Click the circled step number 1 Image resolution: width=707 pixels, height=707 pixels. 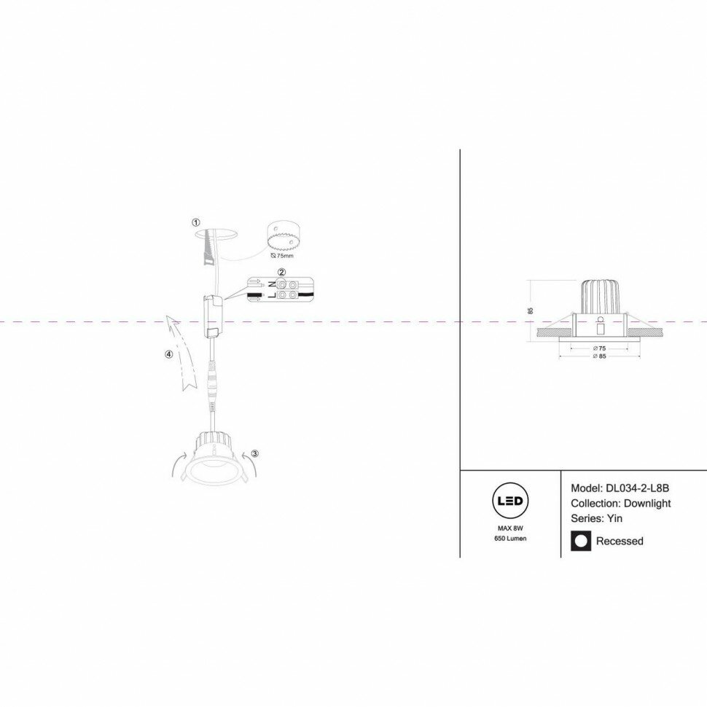(x=195, y=222)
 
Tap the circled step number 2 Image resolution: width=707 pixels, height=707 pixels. (x=282, y=273)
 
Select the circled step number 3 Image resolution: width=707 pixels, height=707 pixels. (x=254, y=453)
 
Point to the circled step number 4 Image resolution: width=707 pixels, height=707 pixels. (x=169, y=354)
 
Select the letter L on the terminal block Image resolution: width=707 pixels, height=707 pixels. (x=272, y=294)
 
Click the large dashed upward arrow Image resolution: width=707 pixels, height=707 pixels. (x=182, y=353)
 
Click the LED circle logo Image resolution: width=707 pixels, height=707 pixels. (x=510, y=501)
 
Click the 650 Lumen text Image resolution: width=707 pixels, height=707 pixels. (x=510, y=538)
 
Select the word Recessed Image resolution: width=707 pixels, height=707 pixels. (x=620, y=541)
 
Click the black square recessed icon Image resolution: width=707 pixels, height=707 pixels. (x=581, y=541)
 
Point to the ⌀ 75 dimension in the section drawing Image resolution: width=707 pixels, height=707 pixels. (x=601, y=348)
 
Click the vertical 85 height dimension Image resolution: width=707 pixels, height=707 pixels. (x=531, y=310)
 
